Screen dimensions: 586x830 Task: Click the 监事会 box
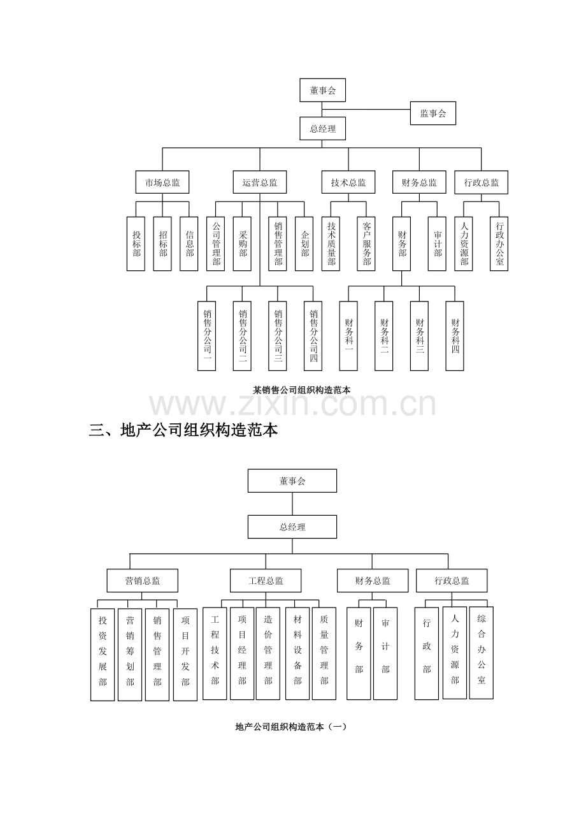432,113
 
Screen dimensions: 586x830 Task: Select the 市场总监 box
162,182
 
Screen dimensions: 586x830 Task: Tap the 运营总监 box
259,182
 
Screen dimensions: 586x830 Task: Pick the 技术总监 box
348,182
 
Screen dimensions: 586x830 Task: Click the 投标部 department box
136,244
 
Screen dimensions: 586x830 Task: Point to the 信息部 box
189,244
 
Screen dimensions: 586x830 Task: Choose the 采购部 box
242,244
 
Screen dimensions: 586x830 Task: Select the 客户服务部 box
366,244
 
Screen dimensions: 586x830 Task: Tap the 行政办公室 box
499,244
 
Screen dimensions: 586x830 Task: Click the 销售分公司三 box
277,336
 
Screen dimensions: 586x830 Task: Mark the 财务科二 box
383,336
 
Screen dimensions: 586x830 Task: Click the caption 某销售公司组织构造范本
302,390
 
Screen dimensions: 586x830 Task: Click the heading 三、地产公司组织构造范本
183,430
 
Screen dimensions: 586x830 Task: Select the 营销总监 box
142,580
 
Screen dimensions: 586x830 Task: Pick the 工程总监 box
266,580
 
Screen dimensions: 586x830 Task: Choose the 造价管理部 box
268,653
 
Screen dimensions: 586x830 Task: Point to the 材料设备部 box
297,653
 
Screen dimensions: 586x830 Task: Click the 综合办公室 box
482,653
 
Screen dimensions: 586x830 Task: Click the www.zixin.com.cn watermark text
292,404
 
